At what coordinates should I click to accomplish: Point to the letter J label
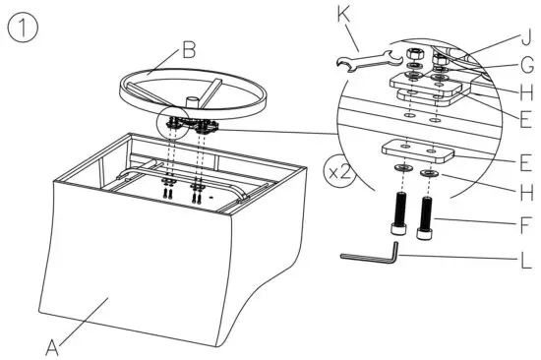point(524,39)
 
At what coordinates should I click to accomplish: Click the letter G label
point(524,67)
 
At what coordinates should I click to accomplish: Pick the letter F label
point(524,223)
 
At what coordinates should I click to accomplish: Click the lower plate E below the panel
point(417,152)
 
